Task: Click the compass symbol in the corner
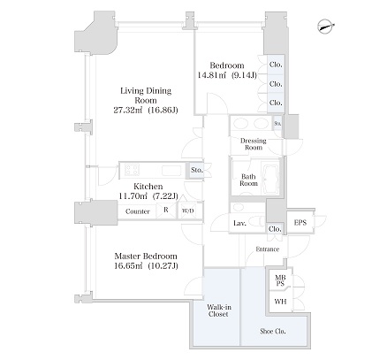coord(326,27)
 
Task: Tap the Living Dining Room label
coord(146,96)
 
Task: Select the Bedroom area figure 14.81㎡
coord(211,75)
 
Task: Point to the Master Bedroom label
coord(146,256)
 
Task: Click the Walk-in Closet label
coord(218,310)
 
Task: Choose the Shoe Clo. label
coord(273,331)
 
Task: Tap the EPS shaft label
coord(300,223)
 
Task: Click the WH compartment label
coord(280,302)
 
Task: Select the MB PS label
coord(280,280)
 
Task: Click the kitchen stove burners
coord(132,170)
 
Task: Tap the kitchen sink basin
coord(171,170)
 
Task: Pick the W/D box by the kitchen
coord(187,211)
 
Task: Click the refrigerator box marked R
coord(166,211)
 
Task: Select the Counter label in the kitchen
coord(138,211)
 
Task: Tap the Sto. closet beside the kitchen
coord(196,170)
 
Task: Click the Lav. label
coord(239,223)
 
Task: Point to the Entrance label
coord(268,249)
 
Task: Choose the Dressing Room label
coord(254,144)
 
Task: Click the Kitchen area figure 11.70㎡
coord(133,195)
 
